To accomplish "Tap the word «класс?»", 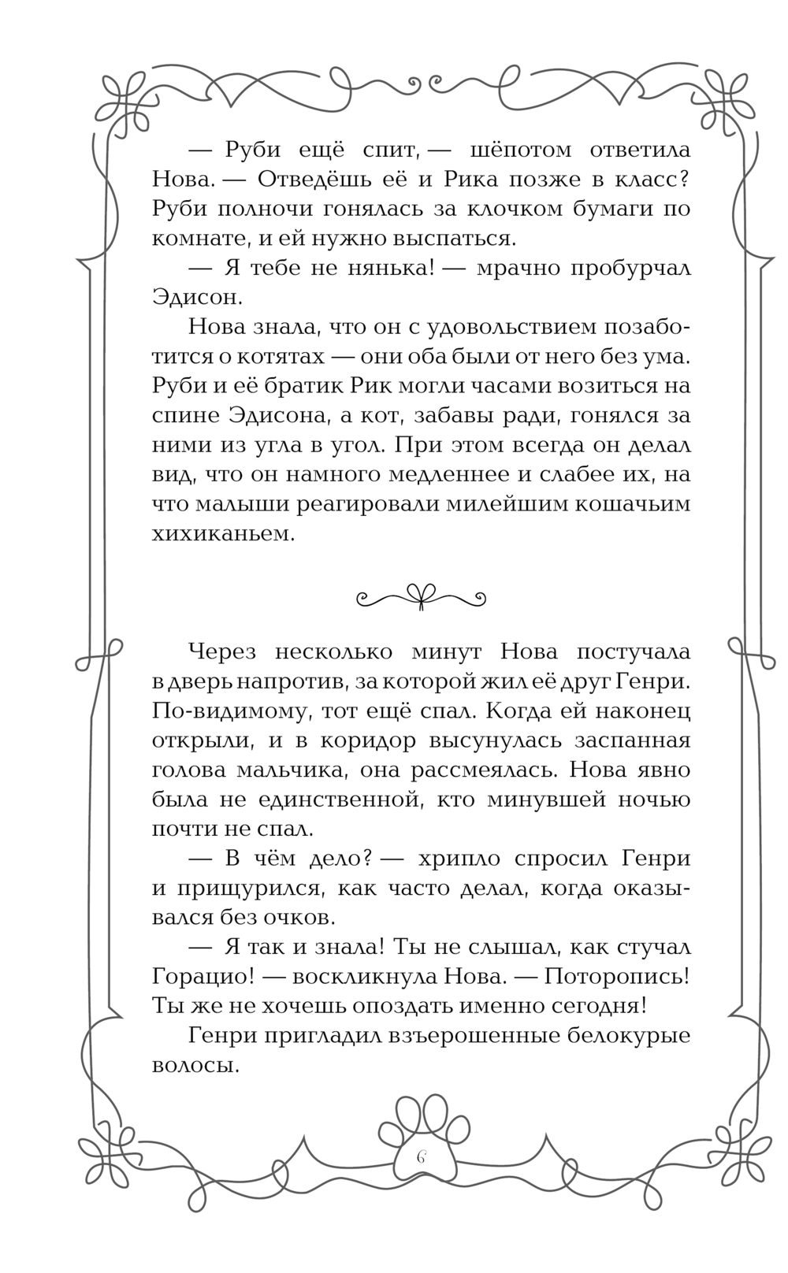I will (648, 180).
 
